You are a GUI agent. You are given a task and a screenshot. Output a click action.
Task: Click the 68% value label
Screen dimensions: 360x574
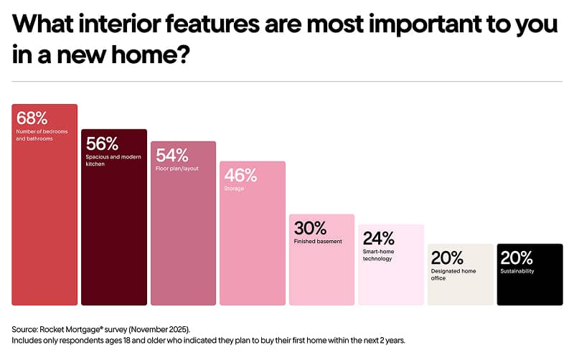[32, 118]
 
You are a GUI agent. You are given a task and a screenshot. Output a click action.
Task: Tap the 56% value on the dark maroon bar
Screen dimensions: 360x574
[101, 143]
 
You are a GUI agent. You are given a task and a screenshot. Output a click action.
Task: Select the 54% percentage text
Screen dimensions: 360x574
[171, 155]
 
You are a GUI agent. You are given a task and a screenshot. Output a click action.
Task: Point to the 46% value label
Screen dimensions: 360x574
[240, 175]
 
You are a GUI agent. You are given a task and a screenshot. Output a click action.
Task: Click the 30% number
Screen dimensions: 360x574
[309, 228]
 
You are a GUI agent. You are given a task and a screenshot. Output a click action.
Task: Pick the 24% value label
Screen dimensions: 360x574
[378, 238]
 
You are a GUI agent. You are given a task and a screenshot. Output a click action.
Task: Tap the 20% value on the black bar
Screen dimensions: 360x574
[517, 257]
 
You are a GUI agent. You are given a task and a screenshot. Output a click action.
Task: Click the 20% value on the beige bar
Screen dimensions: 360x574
[447, 257]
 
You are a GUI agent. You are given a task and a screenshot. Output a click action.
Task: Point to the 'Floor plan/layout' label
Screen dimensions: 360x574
[177, 169]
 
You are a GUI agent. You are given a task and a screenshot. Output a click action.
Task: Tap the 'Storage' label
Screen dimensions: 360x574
[234, 189]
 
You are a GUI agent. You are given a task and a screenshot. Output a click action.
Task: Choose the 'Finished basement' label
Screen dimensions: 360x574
[318, 242]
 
